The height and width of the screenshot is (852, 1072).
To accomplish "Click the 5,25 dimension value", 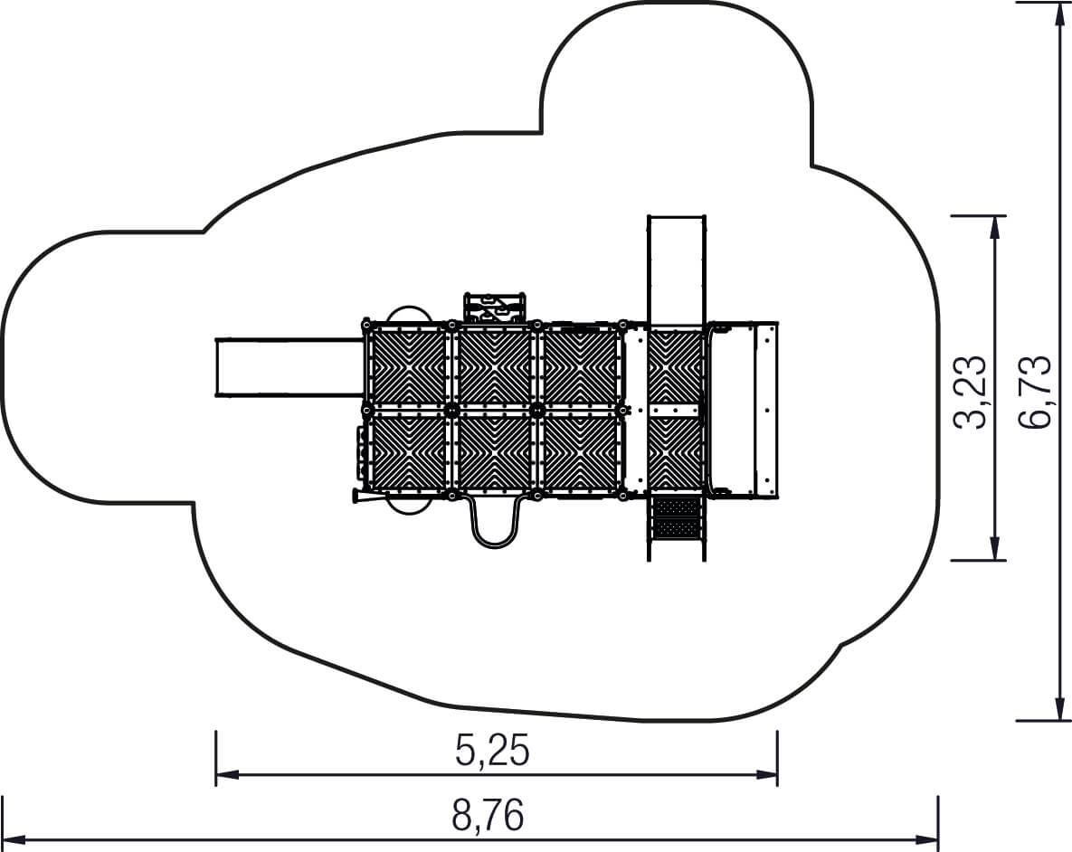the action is [x=492, y=751].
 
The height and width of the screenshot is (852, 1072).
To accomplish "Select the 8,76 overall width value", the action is [x=489, y=815].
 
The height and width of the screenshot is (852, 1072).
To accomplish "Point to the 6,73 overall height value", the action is [x=1034, y=393].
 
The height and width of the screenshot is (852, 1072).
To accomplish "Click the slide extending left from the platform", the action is [x=289, y=366].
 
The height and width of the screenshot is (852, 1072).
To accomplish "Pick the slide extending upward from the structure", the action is [x=676, y=270].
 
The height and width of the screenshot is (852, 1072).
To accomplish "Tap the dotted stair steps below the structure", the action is [x=677, y=517].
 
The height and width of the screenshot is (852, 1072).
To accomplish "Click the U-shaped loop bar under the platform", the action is [x=494, y=522].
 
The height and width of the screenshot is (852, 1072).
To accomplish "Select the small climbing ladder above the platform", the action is [x=495, y=308].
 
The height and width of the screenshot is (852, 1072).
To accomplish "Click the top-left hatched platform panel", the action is [x=408, y=366].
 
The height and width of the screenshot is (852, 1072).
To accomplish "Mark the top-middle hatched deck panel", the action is [x=494, y=366].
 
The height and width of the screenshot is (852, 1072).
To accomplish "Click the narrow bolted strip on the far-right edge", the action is [x=767, y=410].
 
